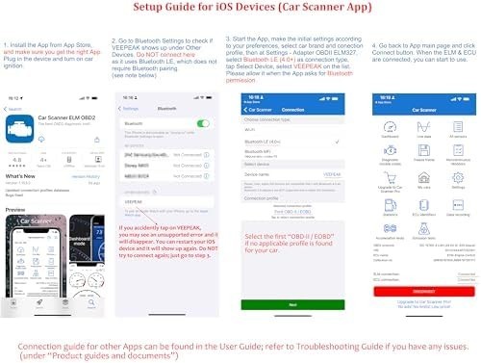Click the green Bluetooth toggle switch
click(202, 123)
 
